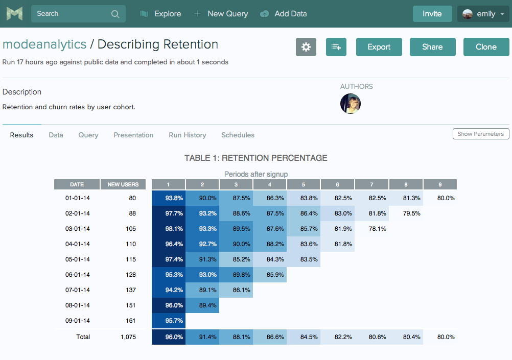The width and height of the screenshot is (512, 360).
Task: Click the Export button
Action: click(x=379, y=47)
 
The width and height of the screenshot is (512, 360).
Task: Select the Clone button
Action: click(x=486, y=47)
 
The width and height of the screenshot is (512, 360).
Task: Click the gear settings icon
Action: click(x=306, y=47)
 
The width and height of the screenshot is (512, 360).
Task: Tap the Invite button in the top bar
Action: click(x=432, y=14)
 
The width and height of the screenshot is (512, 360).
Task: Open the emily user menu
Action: click(x=483, y=14)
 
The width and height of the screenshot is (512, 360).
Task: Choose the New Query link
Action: click(x=227, y=14)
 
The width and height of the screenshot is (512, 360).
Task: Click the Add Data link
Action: click(x=290, y=14)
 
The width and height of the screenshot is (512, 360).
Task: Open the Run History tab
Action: click(x=187, y=135)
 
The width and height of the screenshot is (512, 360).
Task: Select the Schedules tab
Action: click(x=238, y=135)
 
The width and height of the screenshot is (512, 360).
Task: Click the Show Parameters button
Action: click(x=480, y=134)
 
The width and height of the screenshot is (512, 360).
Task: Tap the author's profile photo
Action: click(x=351, y=104)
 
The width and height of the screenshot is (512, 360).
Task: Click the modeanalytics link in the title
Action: click(x=44, y=44)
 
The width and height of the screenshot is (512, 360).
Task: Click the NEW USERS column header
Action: click(x=123, y=184)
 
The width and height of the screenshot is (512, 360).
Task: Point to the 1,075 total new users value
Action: click(x=128, y=337)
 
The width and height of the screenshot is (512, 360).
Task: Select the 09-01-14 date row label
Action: click(x=78, y=321)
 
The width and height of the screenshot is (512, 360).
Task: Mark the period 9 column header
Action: click(x=440, y=184)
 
